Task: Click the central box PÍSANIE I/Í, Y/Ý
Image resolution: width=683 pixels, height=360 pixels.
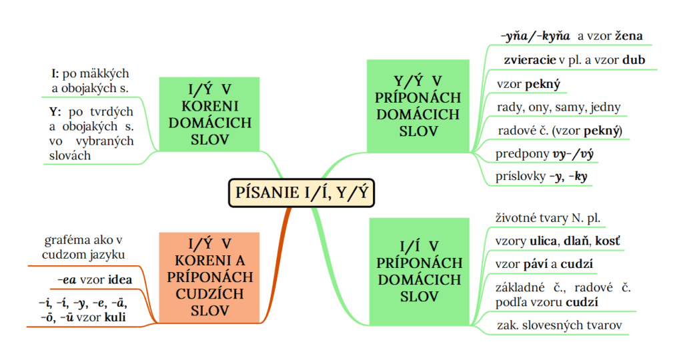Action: [301, 192]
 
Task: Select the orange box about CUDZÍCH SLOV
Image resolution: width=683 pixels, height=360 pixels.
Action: [210, 277]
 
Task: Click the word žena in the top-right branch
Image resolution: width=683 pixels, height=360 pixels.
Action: [625, 36]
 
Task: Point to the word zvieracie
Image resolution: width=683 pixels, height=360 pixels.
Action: [530, 61]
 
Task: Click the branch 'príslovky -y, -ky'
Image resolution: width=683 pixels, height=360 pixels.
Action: [541, 177]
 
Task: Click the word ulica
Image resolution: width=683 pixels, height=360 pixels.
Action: [542, 240]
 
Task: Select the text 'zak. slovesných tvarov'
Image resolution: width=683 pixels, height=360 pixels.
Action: [559, 325]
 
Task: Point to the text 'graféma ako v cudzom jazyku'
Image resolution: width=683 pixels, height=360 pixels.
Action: [85, 247]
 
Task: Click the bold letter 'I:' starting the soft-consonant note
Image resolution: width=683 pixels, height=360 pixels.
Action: [56, 73]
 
